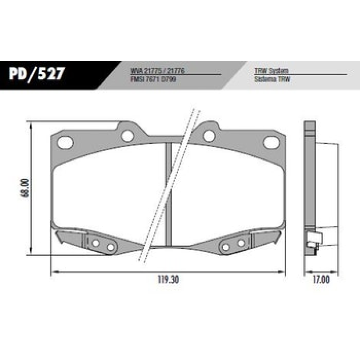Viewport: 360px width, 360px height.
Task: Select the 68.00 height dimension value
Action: point(25,188)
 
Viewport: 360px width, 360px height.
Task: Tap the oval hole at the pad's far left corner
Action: point(66,142)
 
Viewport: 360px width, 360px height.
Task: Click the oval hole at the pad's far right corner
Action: point(271,142)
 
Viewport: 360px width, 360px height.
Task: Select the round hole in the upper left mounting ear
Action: point(128,135)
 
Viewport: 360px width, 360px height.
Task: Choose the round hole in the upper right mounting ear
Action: point(208,135)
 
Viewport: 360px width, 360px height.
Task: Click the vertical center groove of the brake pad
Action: point(169,193)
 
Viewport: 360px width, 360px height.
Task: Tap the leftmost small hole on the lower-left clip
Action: point(95,243)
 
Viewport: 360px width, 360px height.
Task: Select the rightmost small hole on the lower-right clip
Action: point(241,243)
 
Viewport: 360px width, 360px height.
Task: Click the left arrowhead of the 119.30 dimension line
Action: point(52,272)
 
